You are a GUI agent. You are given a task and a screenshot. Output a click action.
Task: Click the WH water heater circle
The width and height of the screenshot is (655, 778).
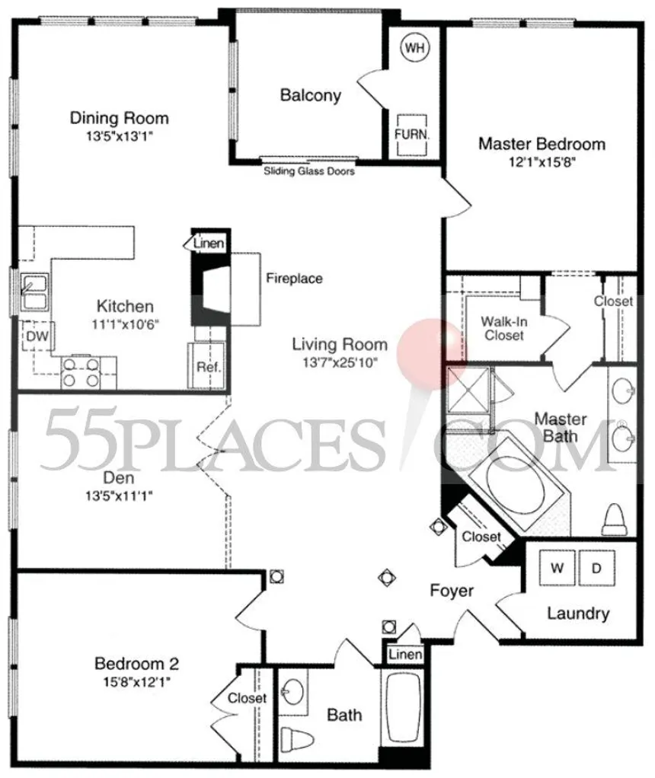point(414,48)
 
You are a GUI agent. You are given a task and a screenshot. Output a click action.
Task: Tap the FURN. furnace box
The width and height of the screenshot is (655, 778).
point(411,135)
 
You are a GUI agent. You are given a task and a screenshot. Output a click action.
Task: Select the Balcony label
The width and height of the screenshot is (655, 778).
point(311,94)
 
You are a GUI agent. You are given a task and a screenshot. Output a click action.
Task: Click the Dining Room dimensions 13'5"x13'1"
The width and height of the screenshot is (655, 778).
point(119,136)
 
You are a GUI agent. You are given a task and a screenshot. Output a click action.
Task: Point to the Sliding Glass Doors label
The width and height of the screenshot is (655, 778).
point(309,171)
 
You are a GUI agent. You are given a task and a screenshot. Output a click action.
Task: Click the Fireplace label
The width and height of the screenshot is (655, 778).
point(294,279)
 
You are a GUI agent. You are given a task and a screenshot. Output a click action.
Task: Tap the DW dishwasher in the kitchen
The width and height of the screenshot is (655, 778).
point(37,336)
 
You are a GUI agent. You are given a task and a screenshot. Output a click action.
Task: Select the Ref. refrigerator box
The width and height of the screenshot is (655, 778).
point(207,365)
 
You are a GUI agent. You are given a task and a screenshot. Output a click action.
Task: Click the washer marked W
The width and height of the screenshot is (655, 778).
point(558,568)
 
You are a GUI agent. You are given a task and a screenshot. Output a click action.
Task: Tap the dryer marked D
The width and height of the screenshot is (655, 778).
point(596,568)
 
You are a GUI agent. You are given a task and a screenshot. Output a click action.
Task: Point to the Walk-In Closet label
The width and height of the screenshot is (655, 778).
point(504,328)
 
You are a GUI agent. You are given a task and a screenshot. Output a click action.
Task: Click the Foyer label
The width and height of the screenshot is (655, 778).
point(452,591)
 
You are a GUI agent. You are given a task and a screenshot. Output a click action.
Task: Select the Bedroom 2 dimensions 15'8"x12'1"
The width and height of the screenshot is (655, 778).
point(136,682)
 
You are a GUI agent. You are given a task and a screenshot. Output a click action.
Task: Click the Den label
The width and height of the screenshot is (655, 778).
point(119,478)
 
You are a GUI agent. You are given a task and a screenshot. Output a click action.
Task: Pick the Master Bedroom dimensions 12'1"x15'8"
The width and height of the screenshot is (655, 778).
point(542,162)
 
